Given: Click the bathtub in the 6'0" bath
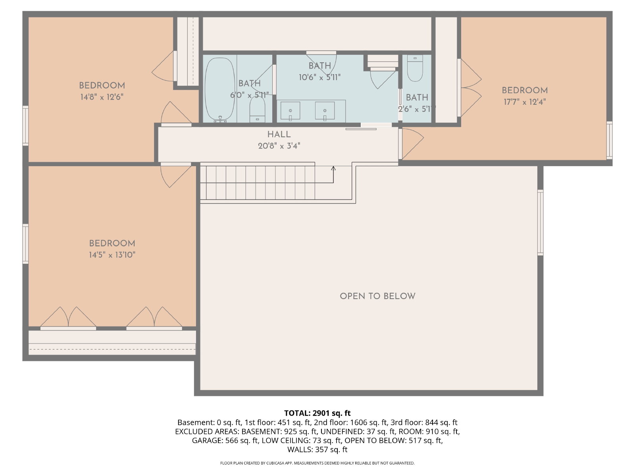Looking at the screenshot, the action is pyautogui.click(x=219, y=90).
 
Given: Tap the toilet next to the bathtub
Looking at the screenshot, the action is pyautogui.click(x=257, y=109).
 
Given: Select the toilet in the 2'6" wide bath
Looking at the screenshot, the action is pyautogui.click(x=415, y=68).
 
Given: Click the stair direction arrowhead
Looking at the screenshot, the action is pyautogui.click(x=333, y=168).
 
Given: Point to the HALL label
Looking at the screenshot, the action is pyautogui.click(x=279, y=134).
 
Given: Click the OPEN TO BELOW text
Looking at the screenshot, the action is pyautogui.click(x=377, y=296).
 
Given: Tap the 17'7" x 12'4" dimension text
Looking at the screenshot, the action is pyautogui.click(x=525, y=102).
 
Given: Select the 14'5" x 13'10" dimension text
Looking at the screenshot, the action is pyautogui.click(x=112, y=255).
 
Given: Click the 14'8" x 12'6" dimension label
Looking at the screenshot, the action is pyautogui.click(x=102, y=97).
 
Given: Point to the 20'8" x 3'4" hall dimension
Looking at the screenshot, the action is pyautogui.click(x=279, y=146).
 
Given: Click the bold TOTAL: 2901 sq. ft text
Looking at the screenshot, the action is pyautogui.click(x=317, y=413).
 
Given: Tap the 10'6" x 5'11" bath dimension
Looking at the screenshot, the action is pyautogui.click(x=319, y=77).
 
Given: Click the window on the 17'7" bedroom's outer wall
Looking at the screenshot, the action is pyautogui.click(x=609, y=140).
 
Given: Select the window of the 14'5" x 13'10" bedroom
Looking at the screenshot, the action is pyautogui.click(x=25, y=244).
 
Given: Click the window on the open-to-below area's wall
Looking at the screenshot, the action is pyautogui.click(x=540, y=223).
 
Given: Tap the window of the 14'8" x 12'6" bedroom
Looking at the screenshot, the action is pyautogui.click(x=25, y=126).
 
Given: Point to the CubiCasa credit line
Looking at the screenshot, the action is pyautogui.click(x=317, y=463).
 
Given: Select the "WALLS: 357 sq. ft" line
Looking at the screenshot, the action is pyautogui.click(x=317, y=449).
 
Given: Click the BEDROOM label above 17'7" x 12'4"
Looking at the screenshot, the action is pyautogui.click(x=525, y=90).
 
